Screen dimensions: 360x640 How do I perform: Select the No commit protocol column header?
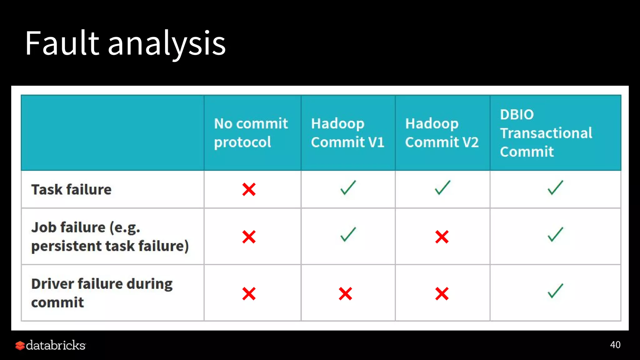tap(251, 132)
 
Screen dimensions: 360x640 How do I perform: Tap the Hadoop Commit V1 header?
tap(347, 132)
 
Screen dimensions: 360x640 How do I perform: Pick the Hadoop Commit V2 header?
tap(442, 132)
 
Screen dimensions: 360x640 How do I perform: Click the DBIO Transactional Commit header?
tap(546, 133)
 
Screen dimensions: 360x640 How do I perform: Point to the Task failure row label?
tap(71, 189)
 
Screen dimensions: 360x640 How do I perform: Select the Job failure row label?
tap(110, 236)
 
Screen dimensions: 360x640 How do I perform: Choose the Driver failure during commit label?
tap(102, 293)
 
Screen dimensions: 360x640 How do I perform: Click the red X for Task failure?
tap(249, 189)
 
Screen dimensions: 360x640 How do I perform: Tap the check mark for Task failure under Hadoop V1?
tap(348, 188)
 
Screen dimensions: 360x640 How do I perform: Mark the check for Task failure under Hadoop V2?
tap(442, 188)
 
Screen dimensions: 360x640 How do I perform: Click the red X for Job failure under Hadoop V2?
tap(442, 237)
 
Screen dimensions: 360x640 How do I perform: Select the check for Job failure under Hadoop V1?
tap(348, 234)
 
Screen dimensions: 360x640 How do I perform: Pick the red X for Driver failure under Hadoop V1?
tap(345, 294)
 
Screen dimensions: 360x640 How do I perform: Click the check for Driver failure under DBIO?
tap(555, 291)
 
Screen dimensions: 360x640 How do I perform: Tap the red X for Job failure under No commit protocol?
tap(249, 237)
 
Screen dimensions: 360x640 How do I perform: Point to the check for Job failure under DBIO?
tap(555, 234)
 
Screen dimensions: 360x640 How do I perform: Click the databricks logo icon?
tap(20, 345)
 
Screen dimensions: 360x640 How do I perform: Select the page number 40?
tap(615, 345)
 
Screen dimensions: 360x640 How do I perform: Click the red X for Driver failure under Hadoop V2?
tap(442, 294)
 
